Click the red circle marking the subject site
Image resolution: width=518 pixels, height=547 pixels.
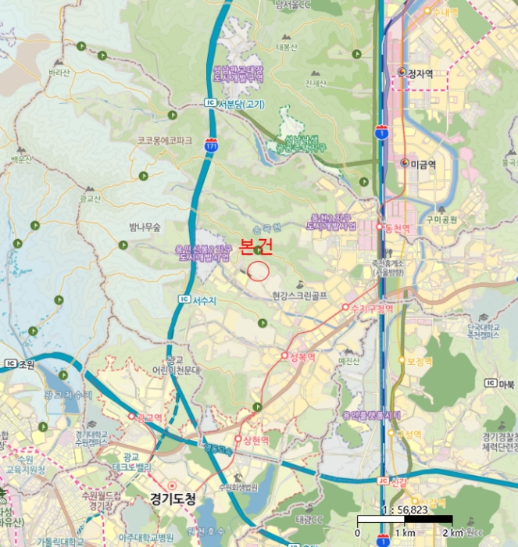[258, 270]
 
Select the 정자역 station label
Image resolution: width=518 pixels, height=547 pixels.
[420, 73]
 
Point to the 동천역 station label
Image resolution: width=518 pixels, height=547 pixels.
[395, 227]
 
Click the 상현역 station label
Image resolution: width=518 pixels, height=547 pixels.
[255, 440]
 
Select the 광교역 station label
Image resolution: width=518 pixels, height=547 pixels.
[148, 417]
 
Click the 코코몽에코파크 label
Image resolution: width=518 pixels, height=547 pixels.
[164, 141]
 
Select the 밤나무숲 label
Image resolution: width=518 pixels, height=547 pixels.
[145, 227]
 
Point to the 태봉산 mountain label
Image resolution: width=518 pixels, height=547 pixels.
[288, 47]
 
